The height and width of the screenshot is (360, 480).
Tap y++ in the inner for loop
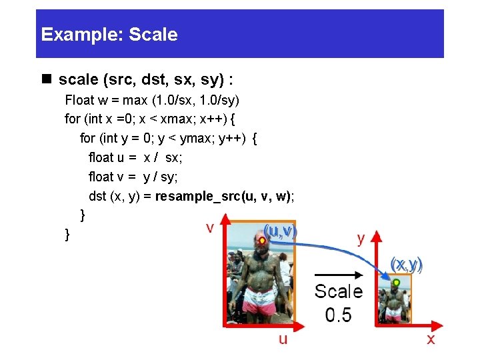(x=233, y=139)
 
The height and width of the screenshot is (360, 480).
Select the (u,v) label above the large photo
(x=280, y=231)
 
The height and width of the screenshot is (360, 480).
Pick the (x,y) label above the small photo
(x=407, y=265)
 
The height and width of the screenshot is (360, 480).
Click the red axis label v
(x=209, y=228)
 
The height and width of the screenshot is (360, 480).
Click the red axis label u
(x=283, y=339)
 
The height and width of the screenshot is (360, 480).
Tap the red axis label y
(x=361, y=239)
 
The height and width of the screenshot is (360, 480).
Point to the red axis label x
(x=431, y=339)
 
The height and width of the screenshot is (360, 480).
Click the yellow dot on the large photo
(x=263, y=241)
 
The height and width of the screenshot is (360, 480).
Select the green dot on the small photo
(x=396, y=283)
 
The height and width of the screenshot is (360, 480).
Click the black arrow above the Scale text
(x=337, y=273)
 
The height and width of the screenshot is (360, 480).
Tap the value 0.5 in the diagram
(x=339, y=314)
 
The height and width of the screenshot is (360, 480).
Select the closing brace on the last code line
(x=67, y=234)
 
